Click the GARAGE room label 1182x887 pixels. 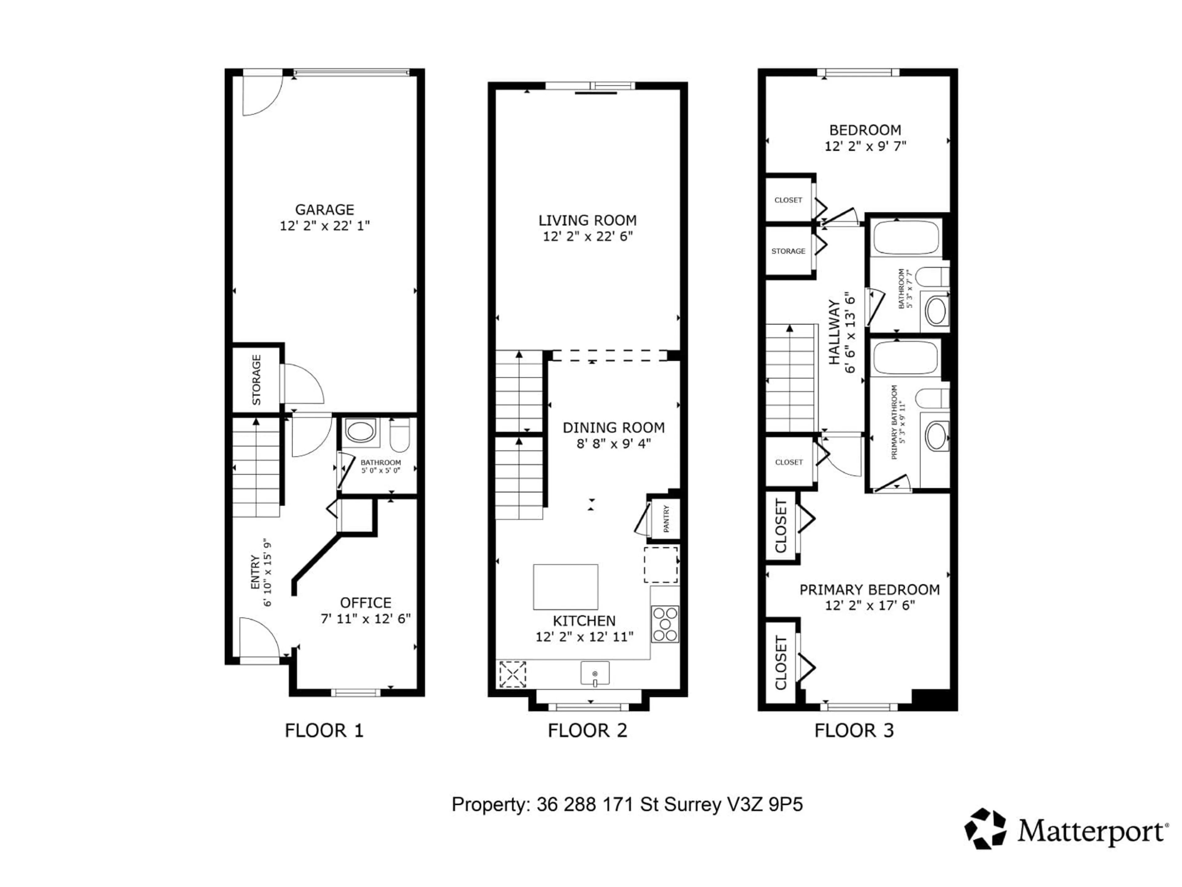click(x=324, y=210)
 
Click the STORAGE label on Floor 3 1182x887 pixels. click(x=788, y=251)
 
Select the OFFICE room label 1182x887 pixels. click(x=365, y=602)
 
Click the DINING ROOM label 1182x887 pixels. click(x=613, y=428)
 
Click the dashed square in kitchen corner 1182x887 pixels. click(x=513, y=674)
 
